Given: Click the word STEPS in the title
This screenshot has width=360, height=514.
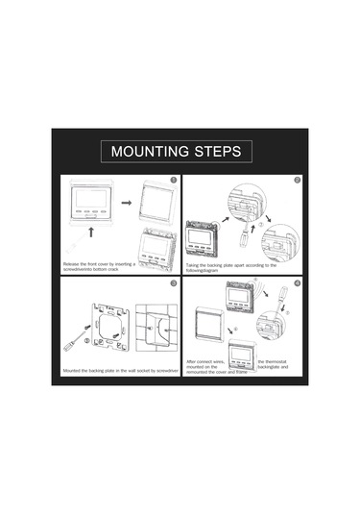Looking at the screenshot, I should point(222,152).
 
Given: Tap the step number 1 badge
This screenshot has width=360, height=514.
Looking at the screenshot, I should point(172,180).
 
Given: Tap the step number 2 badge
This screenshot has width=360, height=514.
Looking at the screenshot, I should point(298,180).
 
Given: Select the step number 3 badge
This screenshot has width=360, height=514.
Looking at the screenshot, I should point(172,284).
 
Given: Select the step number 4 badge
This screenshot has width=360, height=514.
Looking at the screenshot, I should point(298,284).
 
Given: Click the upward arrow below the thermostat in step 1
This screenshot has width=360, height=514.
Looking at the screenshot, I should point(92,232).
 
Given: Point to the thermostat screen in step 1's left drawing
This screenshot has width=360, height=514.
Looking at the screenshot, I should point(92,200).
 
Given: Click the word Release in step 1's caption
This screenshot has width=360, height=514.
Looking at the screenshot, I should point(72,262).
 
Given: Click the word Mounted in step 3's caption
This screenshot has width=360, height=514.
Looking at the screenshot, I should point(74,369).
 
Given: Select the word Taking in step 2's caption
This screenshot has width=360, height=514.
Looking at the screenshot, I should point(194,264).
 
